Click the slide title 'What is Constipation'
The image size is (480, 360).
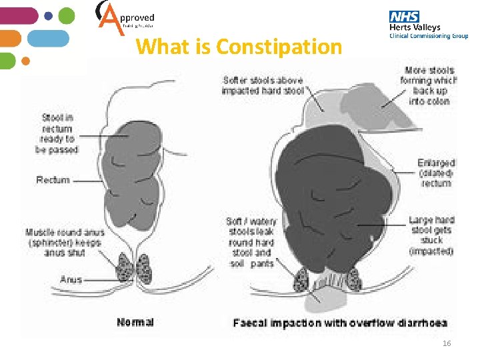[239, 47]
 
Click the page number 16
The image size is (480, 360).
[447, 343]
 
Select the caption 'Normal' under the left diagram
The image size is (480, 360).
[135, 322]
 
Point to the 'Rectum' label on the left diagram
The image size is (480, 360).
[53, 180]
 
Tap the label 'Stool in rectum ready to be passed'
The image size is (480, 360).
[57, 133]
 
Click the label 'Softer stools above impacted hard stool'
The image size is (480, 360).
[263, 85]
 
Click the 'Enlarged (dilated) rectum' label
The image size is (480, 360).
[436, 173]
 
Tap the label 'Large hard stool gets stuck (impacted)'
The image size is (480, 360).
[431, 235]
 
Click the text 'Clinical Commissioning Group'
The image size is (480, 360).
[429, 36]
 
